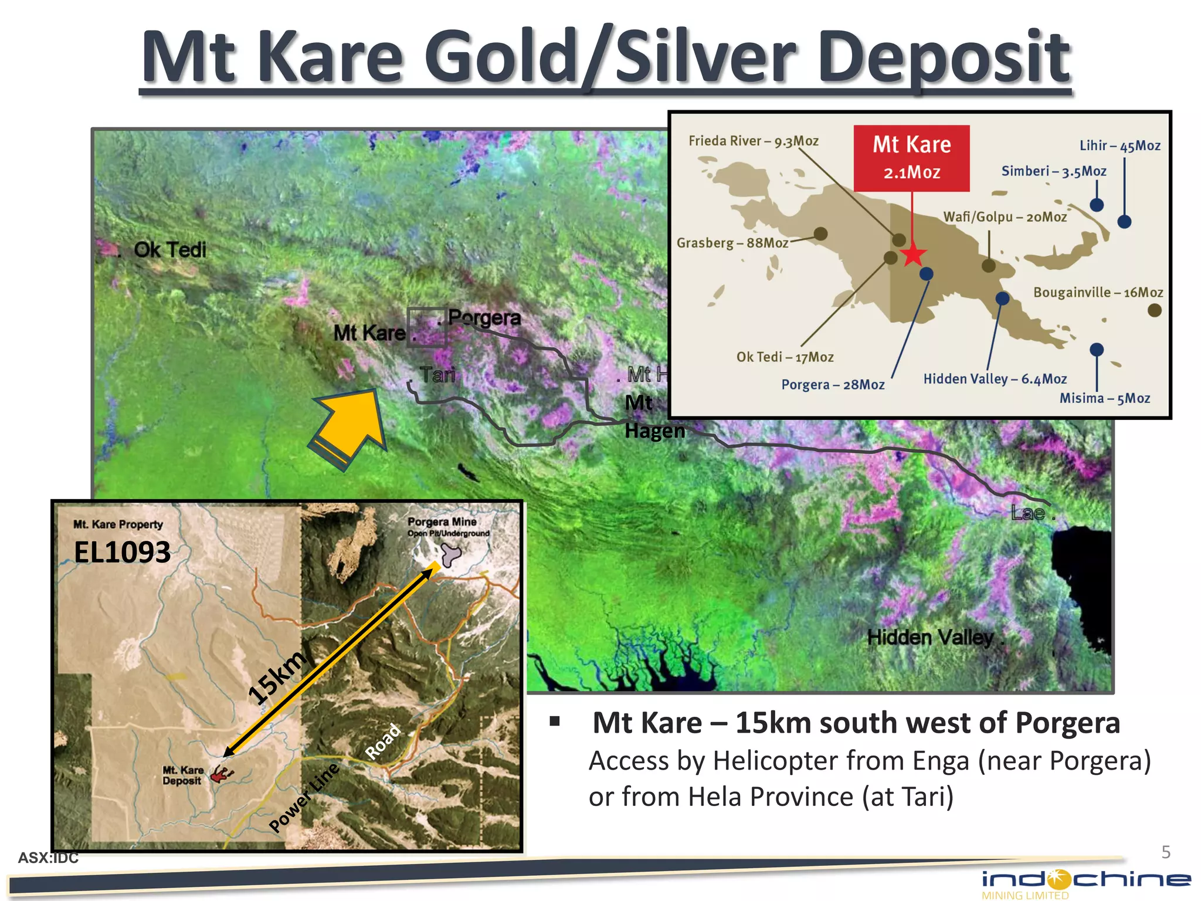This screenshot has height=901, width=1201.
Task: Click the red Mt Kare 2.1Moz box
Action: coord(911,158)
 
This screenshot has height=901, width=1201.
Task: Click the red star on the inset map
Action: coord(913,255)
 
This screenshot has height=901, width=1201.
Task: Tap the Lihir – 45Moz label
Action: coord(1119,145)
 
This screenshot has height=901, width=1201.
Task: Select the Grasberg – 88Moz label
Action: coord(732,243)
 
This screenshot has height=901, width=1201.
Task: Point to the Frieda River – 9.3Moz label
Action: coord(753,141)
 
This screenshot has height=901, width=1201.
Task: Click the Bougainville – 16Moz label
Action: coord(1098,292)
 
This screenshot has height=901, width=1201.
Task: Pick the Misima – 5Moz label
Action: coord(1104,398)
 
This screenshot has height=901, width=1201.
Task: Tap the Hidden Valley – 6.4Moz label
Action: coord(995,379)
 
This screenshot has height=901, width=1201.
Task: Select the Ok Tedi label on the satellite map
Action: coord(169,250)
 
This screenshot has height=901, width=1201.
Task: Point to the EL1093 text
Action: coord(122,552)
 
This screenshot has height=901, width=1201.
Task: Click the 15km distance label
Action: coord(276,677)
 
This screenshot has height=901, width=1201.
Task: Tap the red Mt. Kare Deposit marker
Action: coord(220,774)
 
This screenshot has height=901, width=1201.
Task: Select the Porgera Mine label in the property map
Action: coord(442,521)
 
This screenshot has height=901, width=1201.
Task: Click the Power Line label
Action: coord(304,798)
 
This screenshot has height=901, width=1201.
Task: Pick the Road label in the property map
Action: coord(382,741)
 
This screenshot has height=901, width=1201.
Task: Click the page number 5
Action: coord(1166,852)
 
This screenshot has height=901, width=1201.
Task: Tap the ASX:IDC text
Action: coord(48,858)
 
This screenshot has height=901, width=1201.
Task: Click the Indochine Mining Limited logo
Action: coord(1085,883)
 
